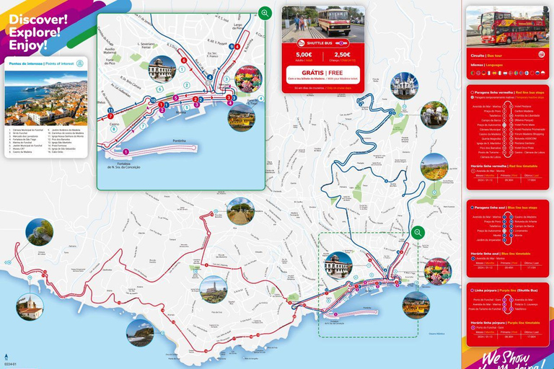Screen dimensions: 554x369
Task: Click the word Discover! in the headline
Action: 38,18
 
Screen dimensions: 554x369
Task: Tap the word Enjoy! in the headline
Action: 29,45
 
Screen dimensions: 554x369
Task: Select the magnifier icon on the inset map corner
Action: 265,13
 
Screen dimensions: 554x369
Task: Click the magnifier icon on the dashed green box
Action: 417,232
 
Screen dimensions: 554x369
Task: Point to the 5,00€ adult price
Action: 304,54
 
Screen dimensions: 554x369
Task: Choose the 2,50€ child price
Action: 343,54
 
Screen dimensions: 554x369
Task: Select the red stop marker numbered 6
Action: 184,60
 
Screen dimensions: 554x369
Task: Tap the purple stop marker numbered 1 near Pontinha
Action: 126,151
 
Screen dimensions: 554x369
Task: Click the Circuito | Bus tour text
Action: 485,55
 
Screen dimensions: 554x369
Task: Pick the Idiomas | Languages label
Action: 485,65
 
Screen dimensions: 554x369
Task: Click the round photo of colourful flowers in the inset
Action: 249,79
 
